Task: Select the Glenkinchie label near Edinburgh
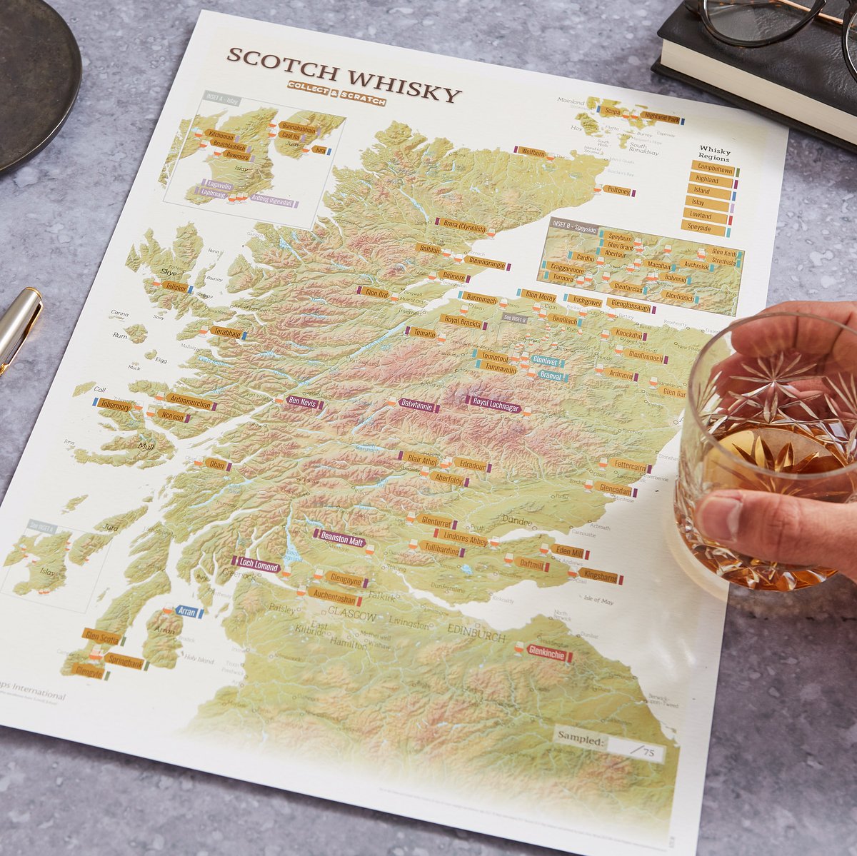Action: (546, 653)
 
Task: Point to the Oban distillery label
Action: (216, 465)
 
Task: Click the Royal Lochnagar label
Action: (496, 404)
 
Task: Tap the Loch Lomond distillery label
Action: (256, 566)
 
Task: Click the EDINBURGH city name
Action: (475, 631)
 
